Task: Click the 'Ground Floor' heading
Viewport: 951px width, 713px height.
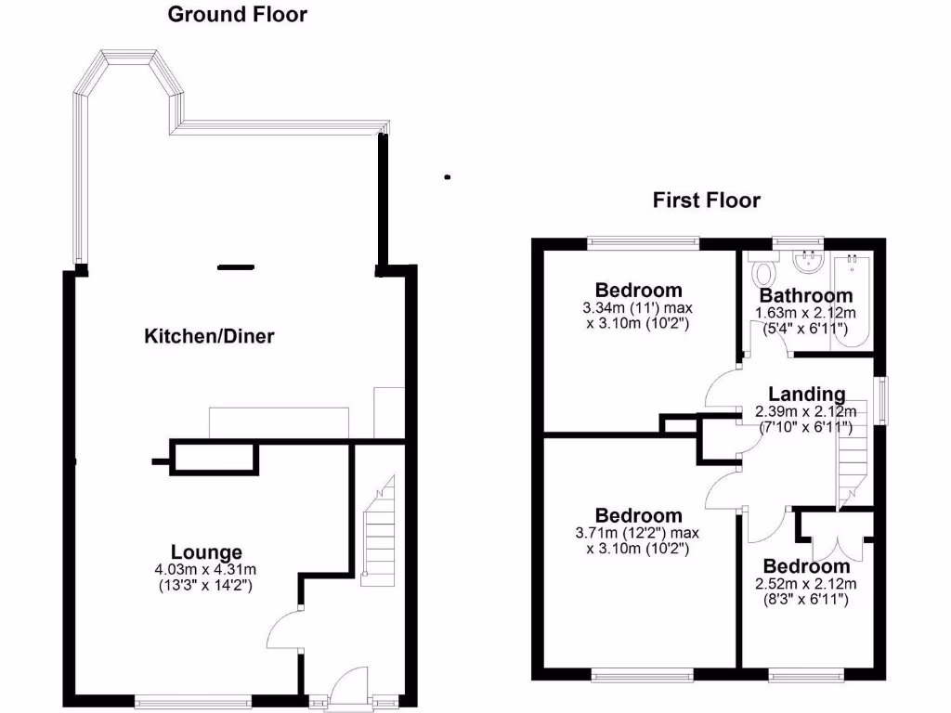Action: coord(237,15)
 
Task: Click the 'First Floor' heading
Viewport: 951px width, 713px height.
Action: coord(706,201)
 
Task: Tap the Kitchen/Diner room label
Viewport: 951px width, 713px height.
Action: coord(209,336)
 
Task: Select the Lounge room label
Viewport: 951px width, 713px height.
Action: coord(206,552)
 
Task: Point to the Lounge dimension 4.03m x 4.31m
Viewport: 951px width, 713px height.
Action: coord(206,569)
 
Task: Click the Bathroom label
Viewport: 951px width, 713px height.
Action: coord(806,296)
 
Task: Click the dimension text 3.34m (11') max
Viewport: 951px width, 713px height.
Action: coord(638,308)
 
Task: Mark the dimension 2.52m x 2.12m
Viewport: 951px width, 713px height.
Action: coord(806,583)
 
